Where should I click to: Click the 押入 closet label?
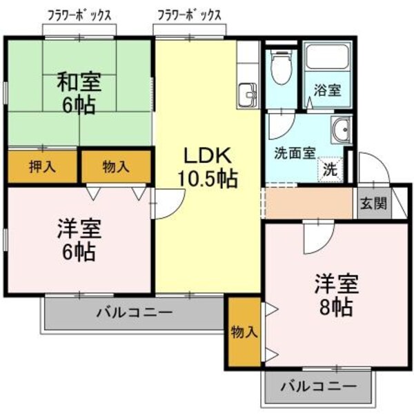click(x=42, y=166)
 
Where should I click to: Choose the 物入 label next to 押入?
click(x=115, y=166)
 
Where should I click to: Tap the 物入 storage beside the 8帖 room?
click(x=244, y=331)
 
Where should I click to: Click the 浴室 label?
click(x=328, y=90)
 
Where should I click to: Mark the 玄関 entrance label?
click(x=373, y=204)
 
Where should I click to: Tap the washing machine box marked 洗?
click(x=331, y=168)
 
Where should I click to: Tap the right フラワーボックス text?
click(x=188, y=14)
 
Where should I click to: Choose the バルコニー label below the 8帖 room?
click(x=318, y=387)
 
